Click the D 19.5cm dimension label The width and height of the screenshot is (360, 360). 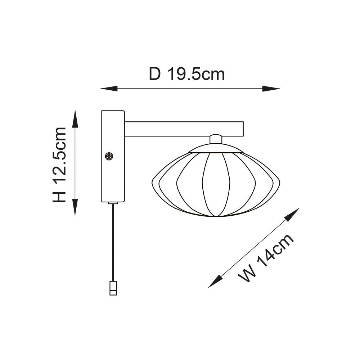pos(187,74)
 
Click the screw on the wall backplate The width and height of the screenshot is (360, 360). pos(109,156)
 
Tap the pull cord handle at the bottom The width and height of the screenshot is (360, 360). pos(113,288)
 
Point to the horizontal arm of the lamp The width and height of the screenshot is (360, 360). pos(184,129)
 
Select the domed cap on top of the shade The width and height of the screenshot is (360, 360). pos(216,148)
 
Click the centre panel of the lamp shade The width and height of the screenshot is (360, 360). pos(216,185)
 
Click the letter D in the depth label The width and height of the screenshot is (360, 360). pos(154,74)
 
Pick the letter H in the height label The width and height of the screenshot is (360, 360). pos(60,196)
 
